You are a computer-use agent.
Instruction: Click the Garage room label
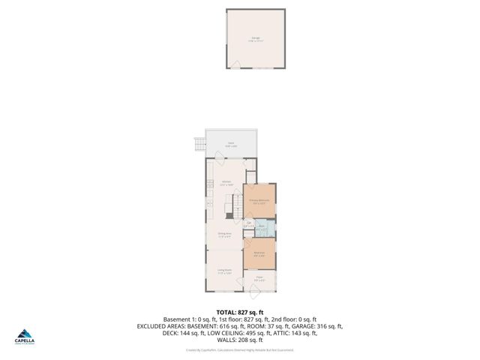pyautogui.click(x=255, y=39)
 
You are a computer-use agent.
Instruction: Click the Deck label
pyautogui.click(x=232, y=145)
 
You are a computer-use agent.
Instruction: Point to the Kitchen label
pyautogui.click(x=226, y=183)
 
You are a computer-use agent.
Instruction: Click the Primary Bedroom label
pyautogui.click(x=259, y=201)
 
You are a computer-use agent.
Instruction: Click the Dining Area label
pyautogui.click(x=224, y=234)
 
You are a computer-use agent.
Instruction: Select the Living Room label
pyautogui.click(x=224, y=271)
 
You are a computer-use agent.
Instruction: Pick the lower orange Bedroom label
pyautogui.click(x=259, y=253)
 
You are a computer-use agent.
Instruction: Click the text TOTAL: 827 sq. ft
pyautogui.click(x=240, y=311)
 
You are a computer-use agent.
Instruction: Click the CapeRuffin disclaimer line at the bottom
pyautogui.click(x=240, y=349)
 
